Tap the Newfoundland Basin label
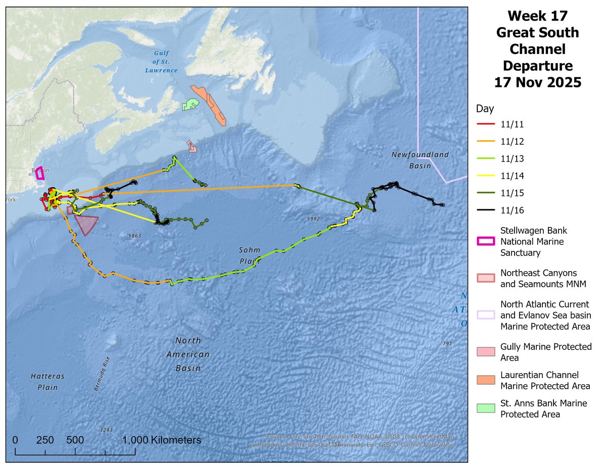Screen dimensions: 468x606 tap(420, 160)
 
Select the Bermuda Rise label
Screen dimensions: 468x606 tap(102, 374)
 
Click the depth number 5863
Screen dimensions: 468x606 tap(134, 236)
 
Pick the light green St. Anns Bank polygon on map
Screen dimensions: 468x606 tap(190, 105)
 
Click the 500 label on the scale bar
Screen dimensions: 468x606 tap(75, 440)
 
